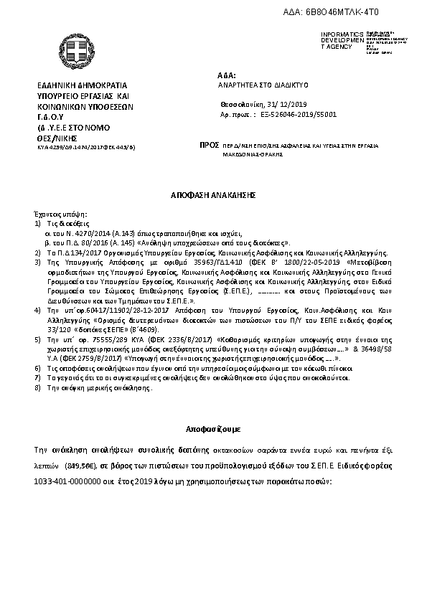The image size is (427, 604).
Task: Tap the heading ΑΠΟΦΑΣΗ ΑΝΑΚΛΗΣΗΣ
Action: point(213,195)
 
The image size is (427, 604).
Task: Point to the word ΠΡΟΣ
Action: point(210,145)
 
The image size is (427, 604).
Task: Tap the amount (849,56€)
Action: point(79,464)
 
